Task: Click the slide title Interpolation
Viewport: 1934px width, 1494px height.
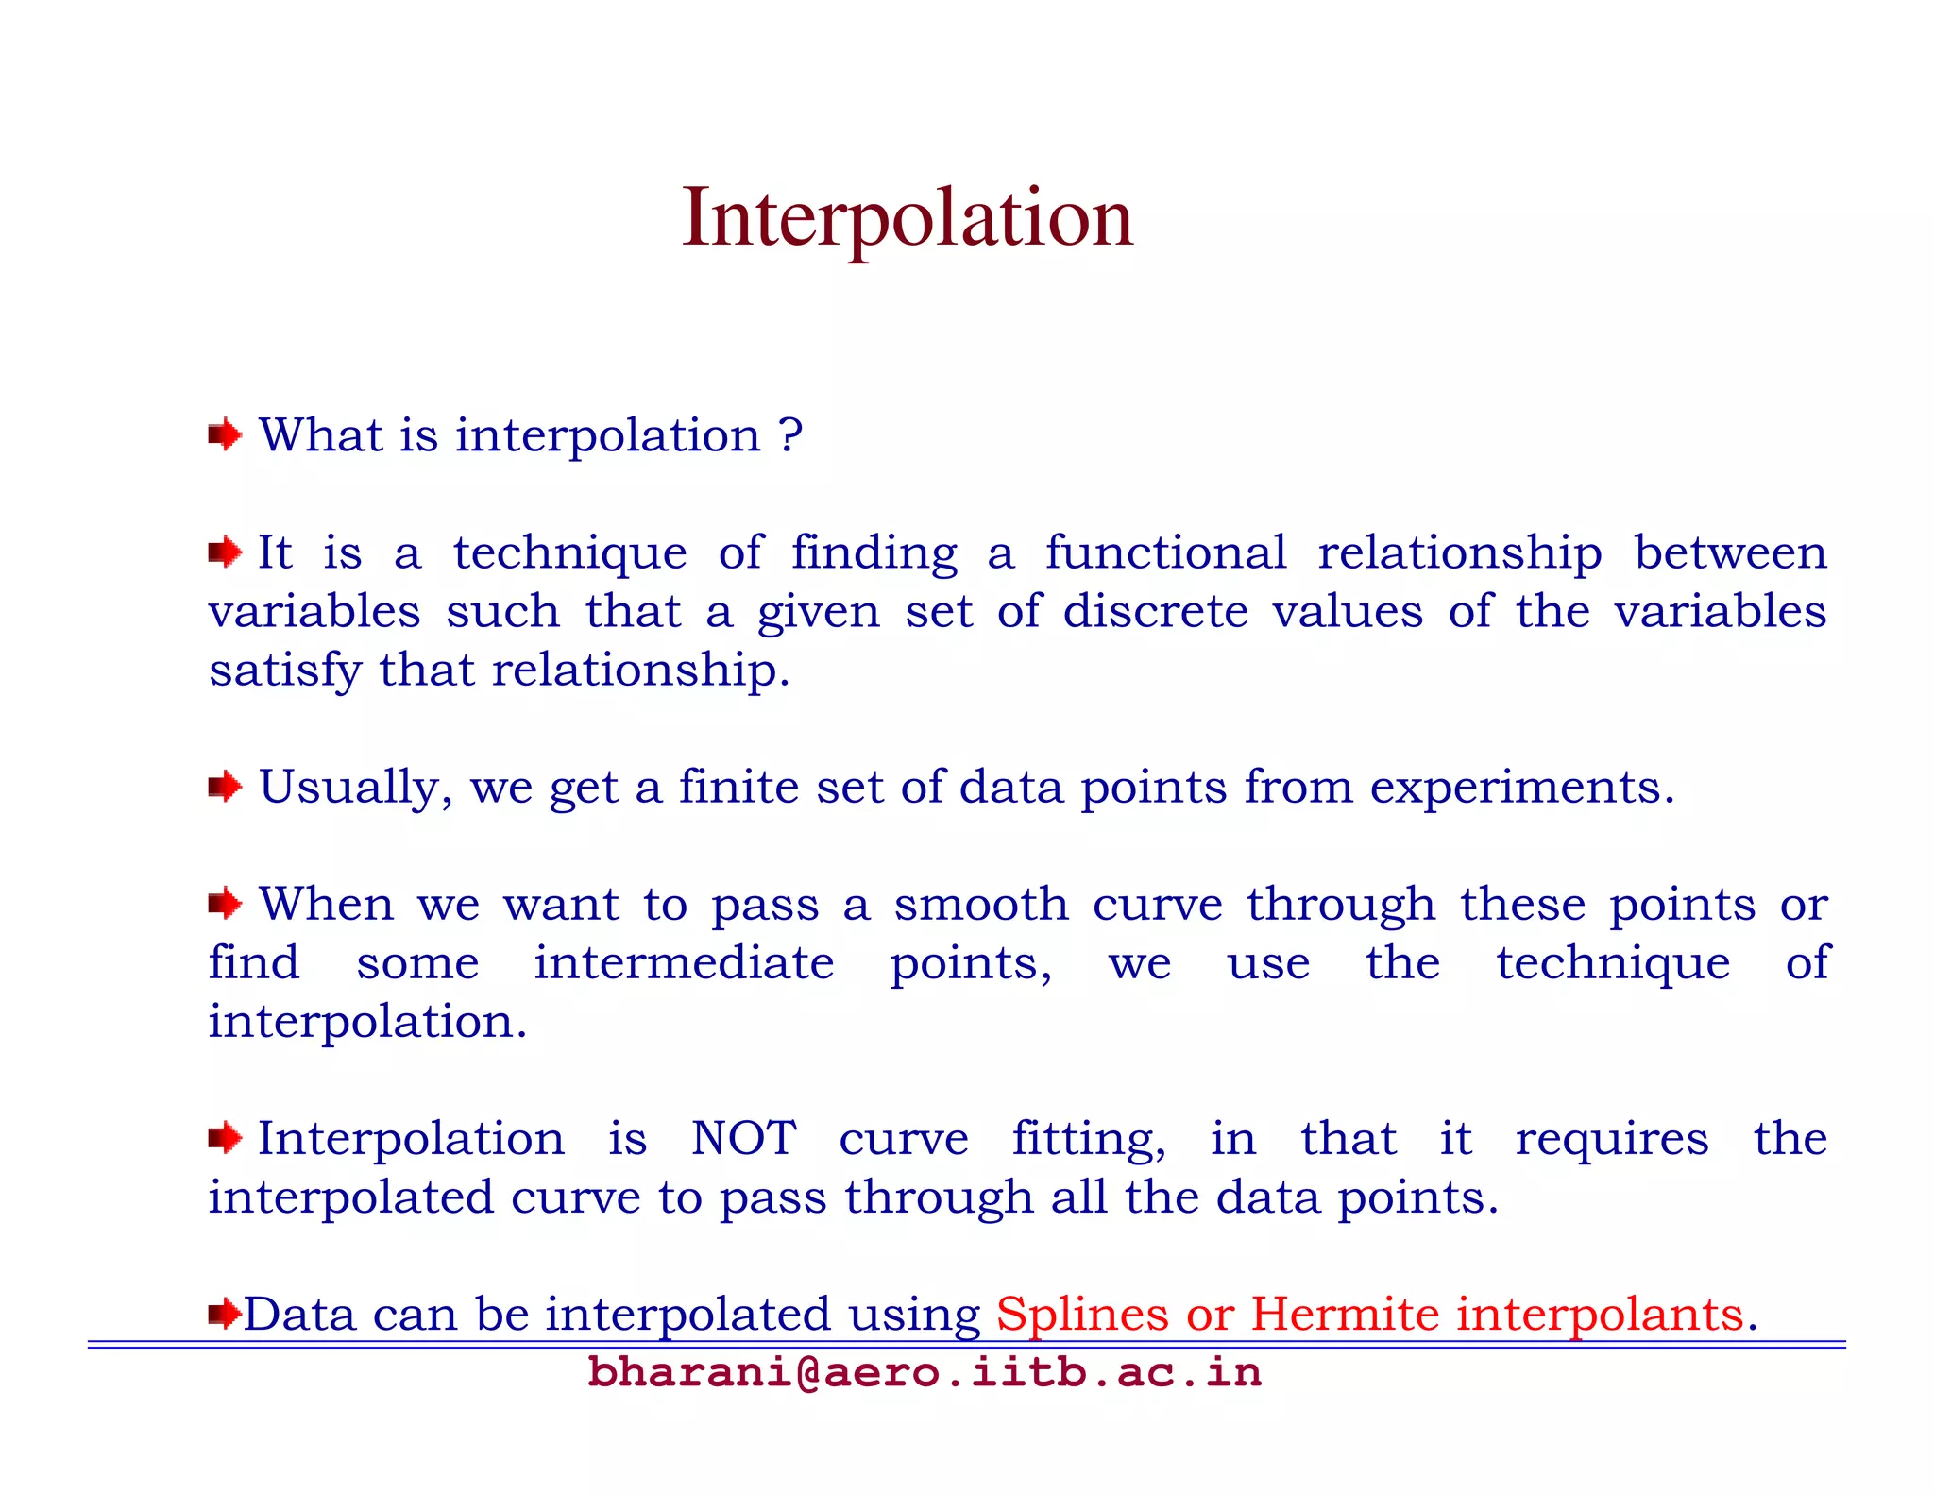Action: click(907, 218)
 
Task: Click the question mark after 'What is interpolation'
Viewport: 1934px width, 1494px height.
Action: click(791, 435)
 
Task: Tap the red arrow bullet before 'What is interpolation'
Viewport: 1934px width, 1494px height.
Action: click(225, 435)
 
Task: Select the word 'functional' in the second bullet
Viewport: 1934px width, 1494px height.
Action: click(1165, 552)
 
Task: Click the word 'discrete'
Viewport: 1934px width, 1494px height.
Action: click(1156, 611)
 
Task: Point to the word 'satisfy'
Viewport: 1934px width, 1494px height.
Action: click(285, 671)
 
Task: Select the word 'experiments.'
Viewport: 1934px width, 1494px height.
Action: click(1522, 788)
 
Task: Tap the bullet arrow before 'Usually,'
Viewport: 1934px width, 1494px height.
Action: click(225, 786)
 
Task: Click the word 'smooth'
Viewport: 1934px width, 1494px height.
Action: click(981, 905)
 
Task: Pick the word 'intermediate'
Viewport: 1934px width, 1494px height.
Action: click(684, 963)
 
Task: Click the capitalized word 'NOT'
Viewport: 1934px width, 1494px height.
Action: click(743, 1138)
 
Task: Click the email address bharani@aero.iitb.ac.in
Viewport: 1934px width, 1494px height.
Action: click(925, 1372)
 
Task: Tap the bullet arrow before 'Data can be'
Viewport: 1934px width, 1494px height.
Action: click(224, 1313)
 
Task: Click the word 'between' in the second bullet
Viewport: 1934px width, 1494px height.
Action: click(1730, 552)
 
